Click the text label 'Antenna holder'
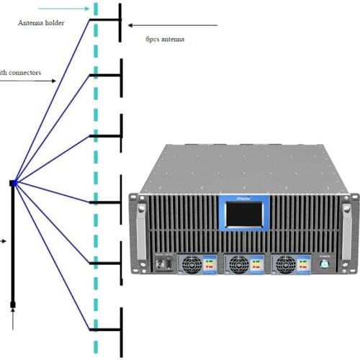[41, 22]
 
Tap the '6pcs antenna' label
[164, 40]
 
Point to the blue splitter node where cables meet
[13, 184]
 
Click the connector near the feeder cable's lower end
[12, 306]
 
